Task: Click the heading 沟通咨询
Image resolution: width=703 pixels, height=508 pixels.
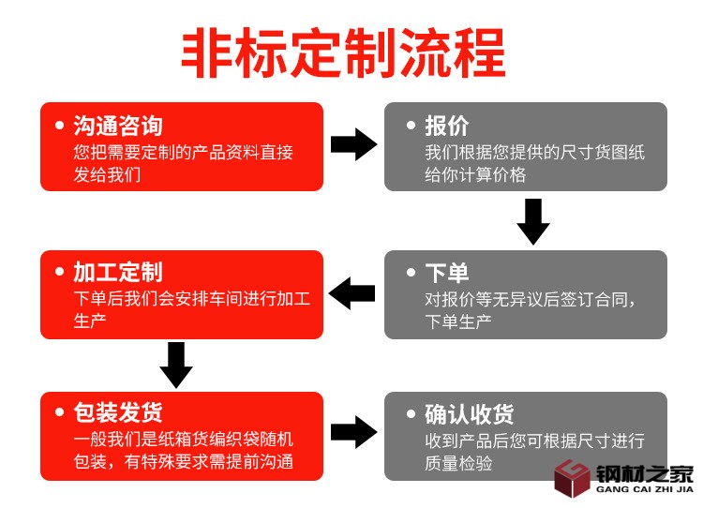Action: pos(118,126)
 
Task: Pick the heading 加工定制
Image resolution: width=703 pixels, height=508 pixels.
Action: pos(118,273)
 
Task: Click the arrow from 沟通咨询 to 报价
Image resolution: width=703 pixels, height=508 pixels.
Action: pos(353,145)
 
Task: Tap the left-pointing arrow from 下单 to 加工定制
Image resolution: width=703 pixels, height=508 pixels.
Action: pos(352,293)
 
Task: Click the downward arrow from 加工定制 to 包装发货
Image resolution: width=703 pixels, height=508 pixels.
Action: pos(176,365)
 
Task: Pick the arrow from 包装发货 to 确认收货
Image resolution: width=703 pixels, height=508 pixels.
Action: pos(353,432)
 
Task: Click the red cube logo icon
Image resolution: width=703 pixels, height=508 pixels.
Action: pos(571,479)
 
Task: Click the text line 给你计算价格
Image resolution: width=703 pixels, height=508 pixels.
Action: pos(475,174)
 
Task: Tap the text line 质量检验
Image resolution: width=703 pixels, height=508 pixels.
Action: pos(458,463)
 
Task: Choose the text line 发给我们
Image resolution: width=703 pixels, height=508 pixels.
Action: pos(107,174)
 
